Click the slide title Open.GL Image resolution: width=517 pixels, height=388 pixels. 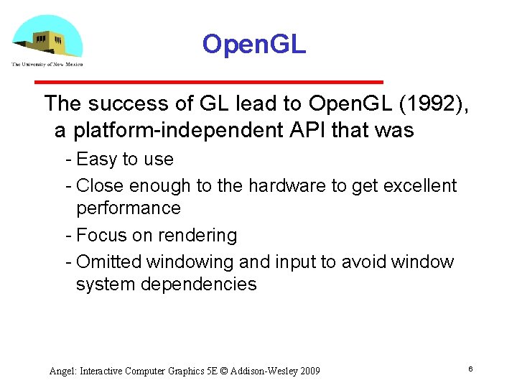pos(253,45)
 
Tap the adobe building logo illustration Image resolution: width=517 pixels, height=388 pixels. pos(47,37)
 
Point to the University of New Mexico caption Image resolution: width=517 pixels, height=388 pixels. pos(47,65)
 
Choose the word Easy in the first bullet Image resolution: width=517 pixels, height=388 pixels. pos(97,160)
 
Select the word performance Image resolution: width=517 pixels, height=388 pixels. pos(128,208)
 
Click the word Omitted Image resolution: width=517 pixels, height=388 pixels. pos(111,262)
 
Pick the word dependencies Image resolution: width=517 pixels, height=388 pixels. pos(197,285)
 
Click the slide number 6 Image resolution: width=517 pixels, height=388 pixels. pos(470,369)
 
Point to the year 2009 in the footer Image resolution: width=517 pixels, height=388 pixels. pos(309,371)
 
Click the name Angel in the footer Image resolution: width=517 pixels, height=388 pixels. pos(62,371)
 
